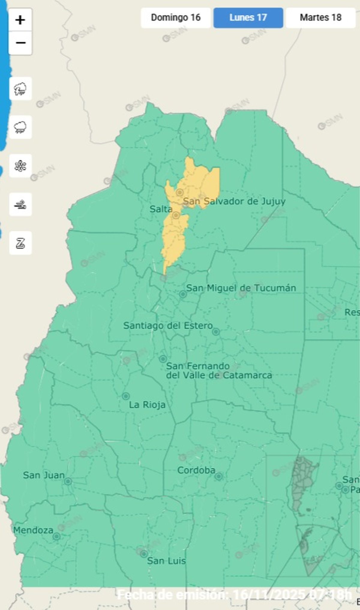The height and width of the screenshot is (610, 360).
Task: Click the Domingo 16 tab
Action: pos(175,18)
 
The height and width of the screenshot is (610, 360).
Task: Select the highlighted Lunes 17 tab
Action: pos(248,18)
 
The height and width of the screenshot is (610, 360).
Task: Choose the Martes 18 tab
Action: pos(320,18)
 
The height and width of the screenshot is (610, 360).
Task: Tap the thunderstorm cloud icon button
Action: pos(20,89)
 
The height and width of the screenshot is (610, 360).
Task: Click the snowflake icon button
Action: pos(20,166)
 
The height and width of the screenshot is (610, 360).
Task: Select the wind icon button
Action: pos(20,205)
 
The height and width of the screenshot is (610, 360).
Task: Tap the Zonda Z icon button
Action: pos(20,243)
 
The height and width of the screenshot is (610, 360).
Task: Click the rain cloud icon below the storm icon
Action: pos(20,127)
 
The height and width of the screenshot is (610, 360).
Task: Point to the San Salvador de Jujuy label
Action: pos(234,201)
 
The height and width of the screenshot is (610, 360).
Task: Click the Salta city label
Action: pos(161,209)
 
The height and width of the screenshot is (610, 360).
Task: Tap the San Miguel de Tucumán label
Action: pos(241,288)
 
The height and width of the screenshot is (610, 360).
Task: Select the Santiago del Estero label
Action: pos(168,325)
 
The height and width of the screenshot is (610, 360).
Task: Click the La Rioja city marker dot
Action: pos(126,396)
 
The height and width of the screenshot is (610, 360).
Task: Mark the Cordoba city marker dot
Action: pos(218,476)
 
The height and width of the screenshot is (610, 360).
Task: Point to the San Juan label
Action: pos(44,475)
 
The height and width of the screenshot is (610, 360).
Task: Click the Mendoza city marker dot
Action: pos(56,537)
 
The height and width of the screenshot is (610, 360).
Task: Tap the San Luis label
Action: pos(166,561)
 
